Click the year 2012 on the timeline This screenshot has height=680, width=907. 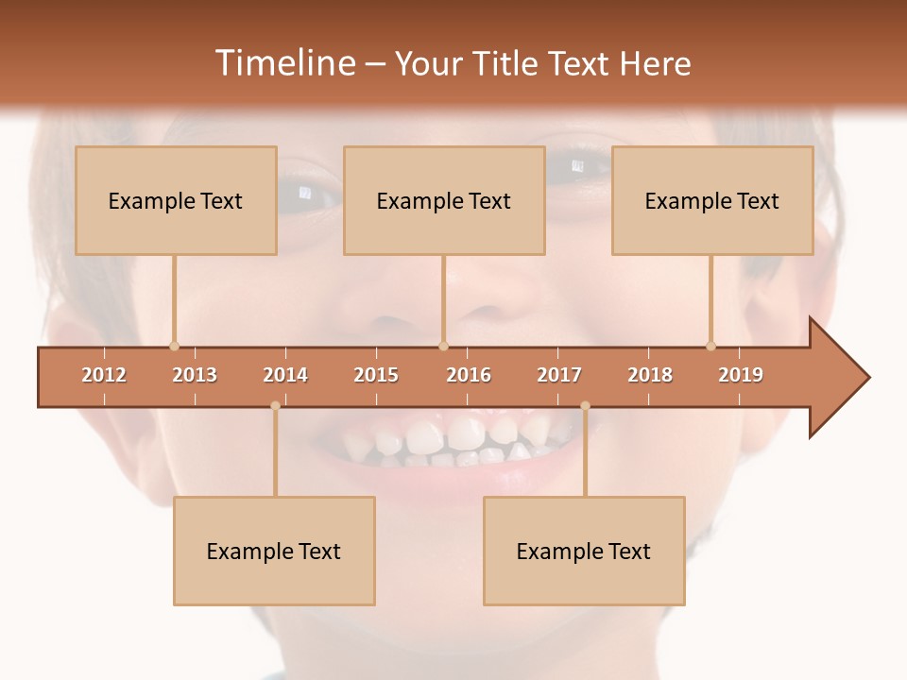pos(104,376)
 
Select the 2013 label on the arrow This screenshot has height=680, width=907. pos(195,376)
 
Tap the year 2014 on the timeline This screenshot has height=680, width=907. pos(285,376)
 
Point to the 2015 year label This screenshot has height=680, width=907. pos(376,376)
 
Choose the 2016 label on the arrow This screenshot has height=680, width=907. pos(469,376)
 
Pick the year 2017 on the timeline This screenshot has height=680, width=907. pos(559,376)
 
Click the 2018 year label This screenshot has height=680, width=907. pos(650,376)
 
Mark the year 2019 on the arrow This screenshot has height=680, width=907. pos(741,376)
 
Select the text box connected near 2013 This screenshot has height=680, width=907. pos(176,200)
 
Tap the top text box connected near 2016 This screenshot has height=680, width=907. pos(444,200)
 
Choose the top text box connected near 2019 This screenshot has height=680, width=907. pos(712,200)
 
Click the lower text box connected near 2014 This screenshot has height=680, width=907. pos(274,551)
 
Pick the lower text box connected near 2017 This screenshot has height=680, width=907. pos(584,551)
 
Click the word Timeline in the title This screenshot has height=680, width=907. pos(284,63)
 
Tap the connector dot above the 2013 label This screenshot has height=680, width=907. pos(174,346)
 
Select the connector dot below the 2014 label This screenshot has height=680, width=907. pos(275,406)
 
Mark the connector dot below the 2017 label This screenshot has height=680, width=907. pos(585,406)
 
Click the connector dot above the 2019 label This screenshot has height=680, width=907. pos(710,346)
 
